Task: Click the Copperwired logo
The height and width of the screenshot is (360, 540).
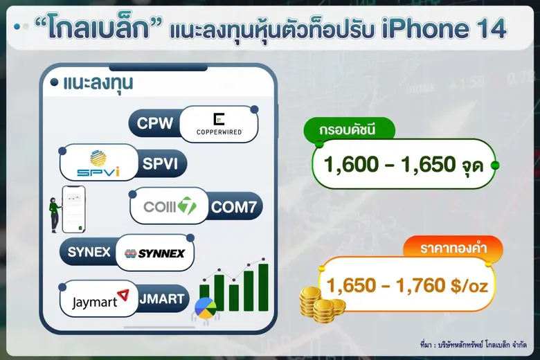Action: pos(218,124)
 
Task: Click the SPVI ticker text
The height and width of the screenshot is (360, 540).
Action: pos(161,165)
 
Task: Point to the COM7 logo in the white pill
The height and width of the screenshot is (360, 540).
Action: pos(170,206)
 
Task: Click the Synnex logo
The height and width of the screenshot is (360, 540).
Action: pos(154,253)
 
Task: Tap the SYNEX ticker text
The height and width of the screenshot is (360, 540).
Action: pos(89,252)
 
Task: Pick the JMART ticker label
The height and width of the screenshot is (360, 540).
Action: pos(162,299)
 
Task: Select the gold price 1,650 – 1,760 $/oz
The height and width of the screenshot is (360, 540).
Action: pos(411,284)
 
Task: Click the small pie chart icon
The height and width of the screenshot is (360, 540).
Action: pos(205,306)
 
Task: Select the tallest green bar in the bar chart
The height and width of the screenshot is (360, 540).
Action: pos(263,287)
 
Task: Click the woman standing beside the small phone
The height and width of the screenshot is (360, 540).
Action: pos(53,214)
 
